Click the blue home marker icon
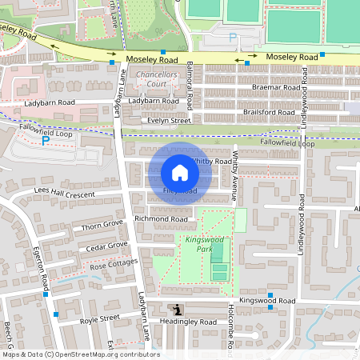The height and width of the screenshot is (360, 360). [180, 173]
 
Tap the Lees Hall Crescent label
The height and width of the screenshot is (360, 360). [65, 194]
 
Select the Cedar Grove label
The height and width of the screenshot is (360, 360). [107, 246]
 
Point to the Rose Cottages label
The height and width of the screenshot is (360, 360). [114, 263]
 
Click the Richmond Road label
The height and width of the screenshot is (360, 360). [161, 218]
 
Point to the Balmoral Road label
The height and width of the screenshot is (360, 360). [190, 85]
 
